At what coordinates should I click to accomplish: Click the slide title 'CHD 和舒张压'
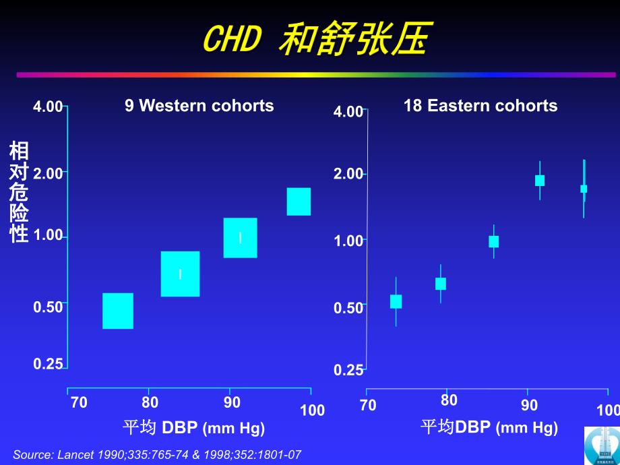tap(315, 40)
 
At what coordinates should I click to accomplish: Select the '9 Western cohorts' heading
tap(199, 106)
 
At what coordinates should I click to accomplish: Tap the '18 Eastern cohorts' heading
tap(480, 106)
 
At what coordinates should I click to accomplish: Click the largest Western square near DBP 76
tap(118, 311)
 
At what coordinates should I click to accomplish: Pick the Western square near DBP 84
tap(180, 274)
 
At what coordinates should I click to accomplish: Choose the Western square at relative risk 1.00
tap(240, 237)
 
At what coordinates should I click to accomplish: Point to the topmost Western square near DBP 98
tap(299, 201)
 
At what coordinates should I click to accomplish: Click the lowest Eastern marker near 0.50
tap(396, 301)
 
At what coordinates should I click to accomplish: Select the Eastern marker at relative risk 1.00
tap(494, 242)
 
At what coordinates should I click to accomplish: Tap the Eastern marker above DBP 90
tap(540, 180)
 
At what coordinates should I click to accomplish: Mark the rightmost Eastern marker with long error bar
tap(584, 189)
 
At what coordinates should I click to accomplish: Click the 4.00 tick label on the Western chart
tap(47, 106)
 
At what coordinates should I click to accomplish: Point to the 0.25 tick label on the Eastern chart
tap(348, 370)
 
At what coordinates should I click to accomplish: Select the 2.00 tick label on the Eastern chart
tap(348, 175)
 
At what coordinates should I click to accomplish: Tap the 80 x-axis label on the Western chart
tap(150, 402)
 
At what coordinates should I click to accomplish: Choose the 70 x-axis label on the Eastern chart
tap(368, 405)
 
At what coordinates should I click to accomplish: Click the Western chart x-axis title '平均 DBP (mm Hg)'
tap(194, 428)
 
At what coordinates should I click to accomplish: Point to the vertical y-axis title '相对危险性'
tap(19, 192)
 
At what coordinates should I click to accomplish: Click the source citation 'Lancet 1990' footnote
tap(157, 454)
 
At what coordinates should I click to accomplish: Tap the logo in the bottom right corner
tap(602, 445)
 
